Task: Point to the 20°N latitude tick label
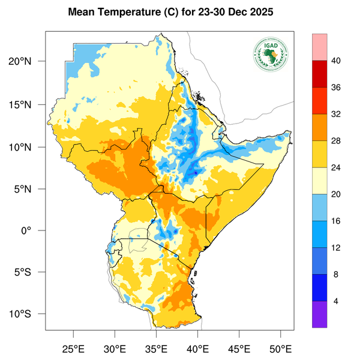(x=28, y=62)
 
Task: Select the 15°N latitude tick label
(x=28, y=104)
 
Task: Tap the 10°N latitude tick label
(x=28, y=147)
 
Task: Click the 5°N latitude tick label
(x=30, y=189)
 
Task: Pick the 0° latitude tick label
(x=35, y=231)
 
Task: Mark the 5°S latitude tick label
(x=30, y=272)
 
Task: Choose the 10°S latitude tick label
(x=28, y=314)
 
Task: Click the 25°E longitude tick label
(x=73, y=348)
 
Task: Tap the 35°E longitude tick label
(x=156, y=348)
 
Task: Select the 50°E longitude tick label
(x=280, y=348)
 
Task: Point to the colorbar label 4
(x=336, y=301)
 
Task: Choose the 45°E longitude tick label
(x=239, y=348)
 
